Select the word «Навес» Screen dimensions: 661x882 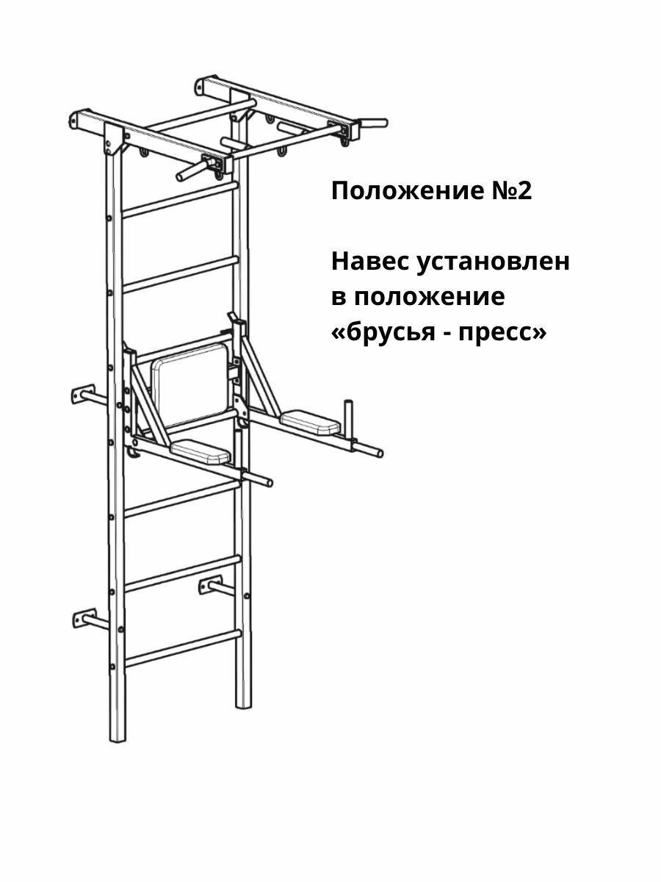pos(371,262)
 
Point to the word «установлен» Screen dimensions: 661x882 pos(494,262)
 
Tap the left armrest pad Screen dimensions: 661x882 pos(202,450)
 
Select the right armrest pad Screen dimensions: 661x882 pos(310,420)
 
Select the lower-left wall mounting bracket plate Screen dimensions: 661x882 pos(83,617)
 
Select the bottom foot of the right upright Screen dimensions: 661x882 pos(243,702)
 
